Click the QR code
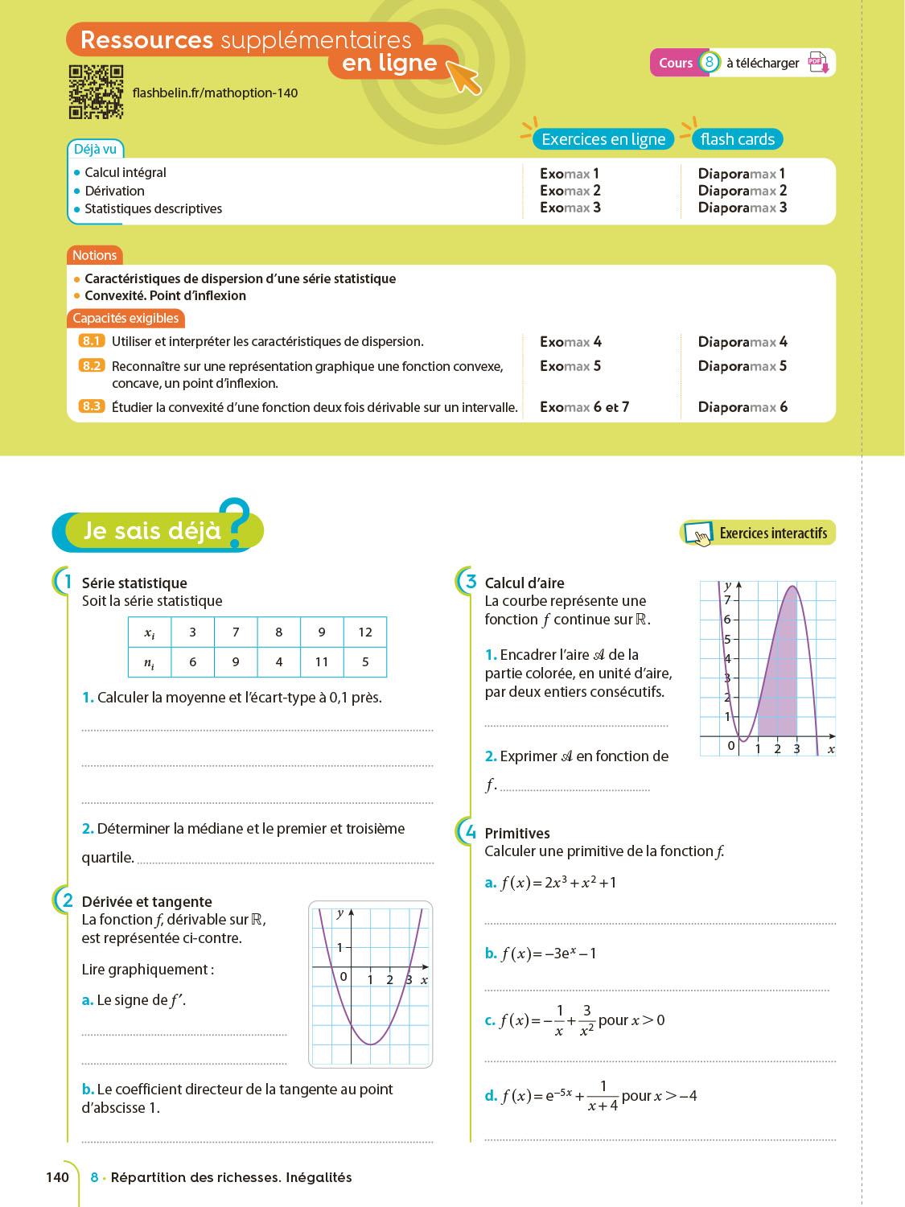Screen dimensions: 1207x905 click(96, 92)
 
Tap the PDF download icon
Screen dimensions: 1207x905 click(818, 63)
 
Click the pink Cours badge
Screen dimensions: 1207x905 click(676, 63)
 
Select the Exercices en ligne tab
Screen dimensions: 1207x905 click(603, 139)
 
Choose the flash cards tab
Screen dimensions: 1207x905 click(737, 139)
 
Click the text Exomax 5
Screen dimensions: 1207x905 click(570, 366)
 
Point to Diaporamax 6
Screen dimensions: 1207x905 click(743, 407)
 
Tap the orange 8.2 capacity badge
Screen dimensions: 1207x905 click(92, 365)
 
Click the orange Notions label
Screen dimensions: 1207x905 click(94, 255)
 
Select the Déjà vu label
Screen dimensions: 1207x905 click(95, 149)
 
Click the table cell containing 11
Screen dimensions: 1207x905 click(322, 662)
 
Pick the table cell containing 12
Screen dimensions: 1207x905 click(365, 632)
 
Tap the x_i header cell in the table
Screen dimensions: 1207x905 click(150, 632)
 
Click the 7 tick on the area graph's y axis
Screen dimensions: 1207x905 click(727, 599)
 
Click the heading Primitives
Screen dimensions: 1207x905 click(517, 834)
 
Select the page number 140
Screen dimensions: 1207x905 click(57, 1177)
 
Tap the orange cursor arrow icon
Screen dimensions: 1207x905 click(463, 76)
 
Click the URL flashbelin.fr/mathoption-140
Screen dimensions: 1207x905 click(215, 93)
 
